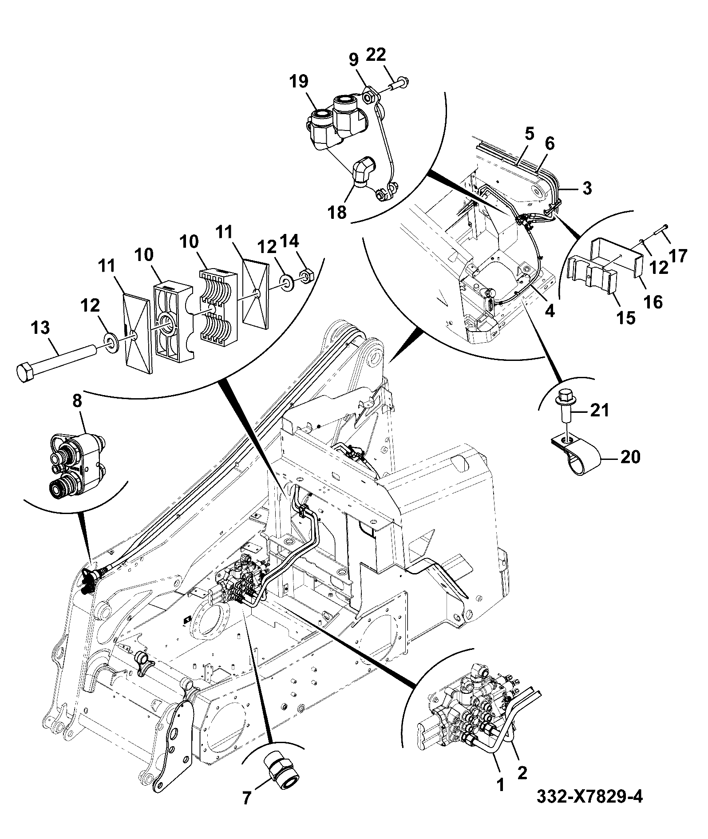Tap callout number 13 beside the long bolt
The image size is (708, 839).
[40, 329]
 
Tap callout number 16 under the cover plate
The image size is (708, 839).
[653, 302]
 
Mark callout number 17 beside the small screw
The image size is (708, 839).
[677, 256]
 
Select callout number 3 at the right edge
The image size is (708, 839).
[587, 188]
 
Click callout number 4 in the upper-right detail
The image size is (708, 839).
[550, 311]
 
